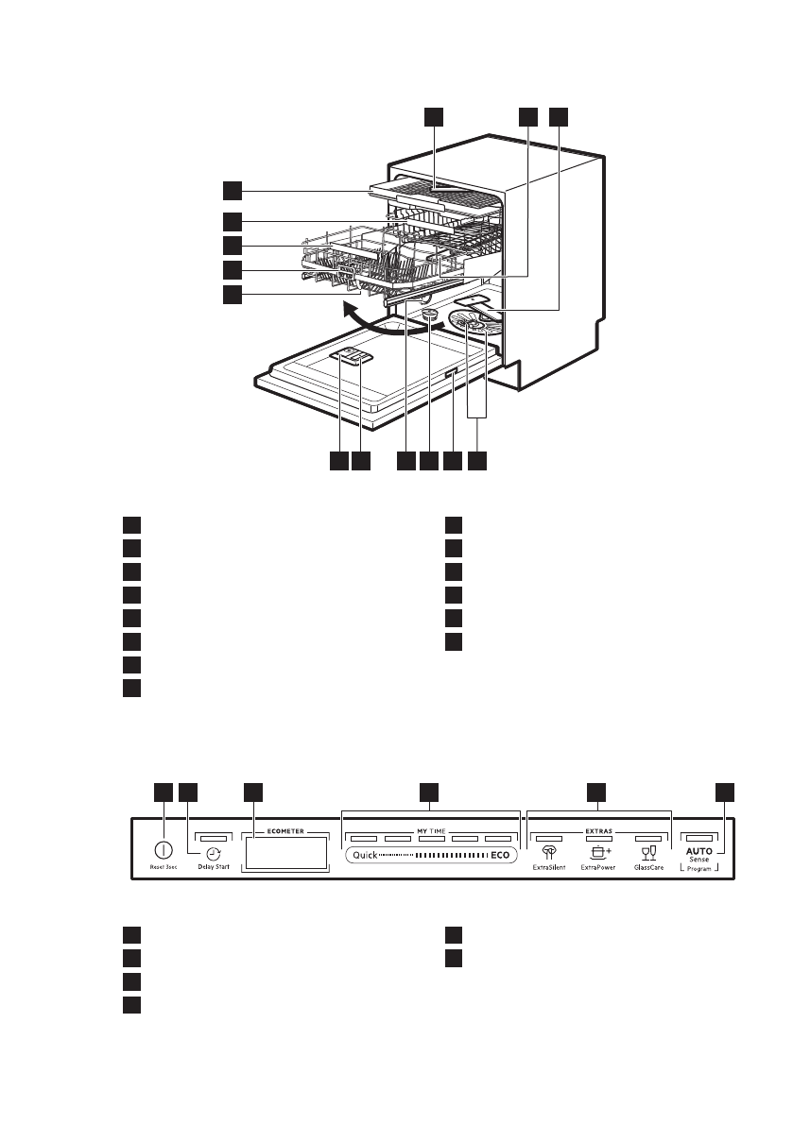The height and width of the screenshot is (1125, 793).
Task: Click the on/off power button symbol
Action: click(x=163, y=849)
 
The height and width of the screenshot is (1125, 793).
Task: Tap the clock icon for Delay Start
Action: click(x=214, y=852)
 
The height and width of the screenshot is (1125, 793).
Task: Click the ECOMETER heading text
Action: click(x=284, y=833)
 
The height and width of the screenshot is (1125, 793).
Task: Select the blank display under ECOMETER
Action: click(x=284, y=856)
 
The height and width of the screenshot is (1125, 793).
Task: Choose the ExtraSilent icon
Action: click(x=548, y=852)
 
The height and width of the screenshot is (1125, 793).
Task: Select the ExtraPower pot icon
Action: click(x=597, y=852)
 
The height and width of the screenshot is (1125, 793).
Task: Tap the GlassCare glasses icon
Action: click(x=648, y=852)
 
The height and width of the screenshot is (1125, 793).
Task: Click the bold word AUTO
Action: click(x=699, y=851)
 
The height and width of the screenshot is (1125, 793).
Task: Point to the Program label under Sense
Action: click(x=699, y=869)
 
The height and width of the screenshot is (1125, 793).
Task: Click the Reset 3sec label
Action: click(x=163, y=866)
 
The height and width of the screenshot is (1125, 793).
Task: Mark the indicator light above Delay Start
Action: click(x=214, y=838)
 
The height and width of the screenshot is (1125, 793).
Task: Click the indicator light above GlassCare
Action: click(x=647, y=838)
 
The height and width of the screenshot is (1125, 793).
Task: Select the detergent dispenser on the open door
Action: click(x=353, y=356)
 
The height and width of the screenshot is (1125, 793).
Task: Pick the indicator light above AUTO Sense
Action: click(x=699, y=838)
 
